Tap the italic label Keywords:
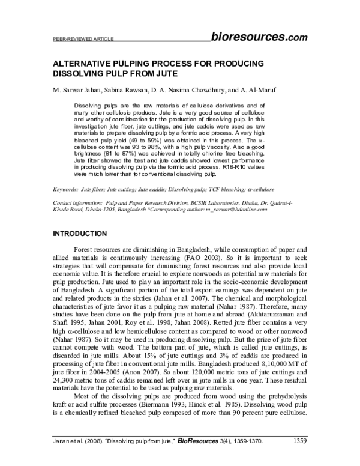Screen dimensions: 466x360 click(x=68, y=189)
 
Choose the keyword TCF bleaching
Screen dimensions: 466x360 click(x=223, y=189)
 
